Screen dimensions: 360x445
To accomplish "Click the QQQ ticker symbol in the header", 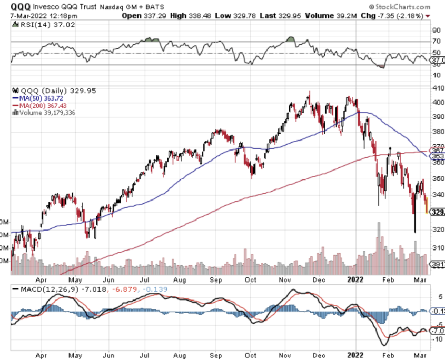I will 19,7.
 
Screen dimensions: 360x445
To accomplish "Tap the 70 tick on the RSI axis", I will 436,41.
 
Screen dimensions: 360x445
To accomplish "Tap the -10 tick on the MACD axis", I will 437,339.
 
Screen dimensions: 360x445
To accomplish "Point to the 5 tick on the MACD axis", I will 435,296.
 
